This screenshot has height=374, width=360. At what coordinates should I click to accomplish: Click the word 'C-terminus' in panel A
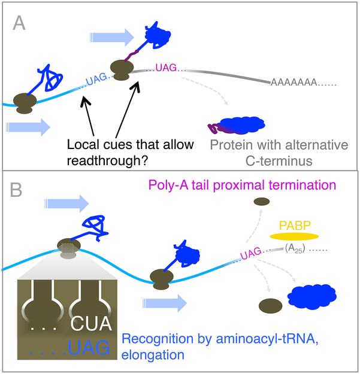[280, 160]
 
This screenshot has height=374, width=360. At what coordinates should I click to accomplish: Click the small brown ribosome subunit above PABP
[262, 202]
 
